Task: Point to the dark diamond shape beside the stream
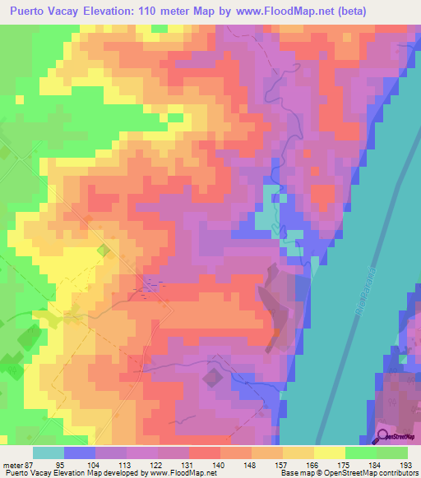pos(212,377)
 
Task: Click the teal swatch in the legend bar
pos(49,453)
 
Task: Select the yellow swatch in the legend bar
pos(329,453)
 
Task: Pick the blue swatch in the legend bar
pos(80,453)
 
